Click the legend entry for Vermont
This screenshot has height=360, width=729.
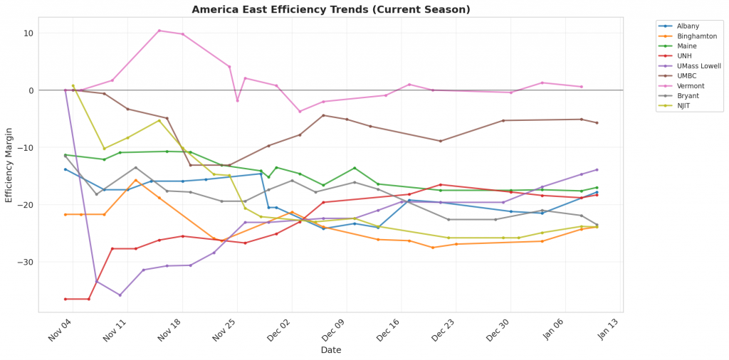pyautogui.click(x=687, y=86)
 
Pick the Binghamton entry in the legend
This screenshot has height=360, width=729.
pyautogui.click(x=692, y=36)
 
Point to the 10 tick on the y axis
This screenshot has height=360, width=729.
pyautogui.click(x=28, y=33)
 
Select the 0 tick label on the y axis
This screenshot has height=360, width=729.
pyautogui.click(x=31, y=90)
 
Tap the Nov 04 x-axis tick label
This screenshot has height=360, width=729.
pyautogui.click(x=62, y=332)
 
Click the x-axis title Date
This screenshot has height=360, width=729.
pyautogui.click(x=330, y=350)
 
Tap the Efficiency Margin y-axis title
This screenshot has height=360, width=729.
pyautogui.click(x=9, y=165)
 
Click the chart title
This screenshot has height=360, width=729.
pyautogui.click(x=330, y=10)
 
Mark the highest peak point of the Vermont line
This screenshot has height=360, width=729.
pyautogui.click(x=159, y=31)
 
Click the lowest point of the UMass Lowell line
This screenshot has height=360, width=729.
pyautogui.click(x=120, y=295)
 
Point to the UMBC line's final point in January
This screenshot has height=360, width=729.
pyautogui.click(x=597, y=123)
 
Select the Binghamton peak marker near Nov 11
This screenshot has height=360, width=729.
pyautogui.click(x=135, y=180)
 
